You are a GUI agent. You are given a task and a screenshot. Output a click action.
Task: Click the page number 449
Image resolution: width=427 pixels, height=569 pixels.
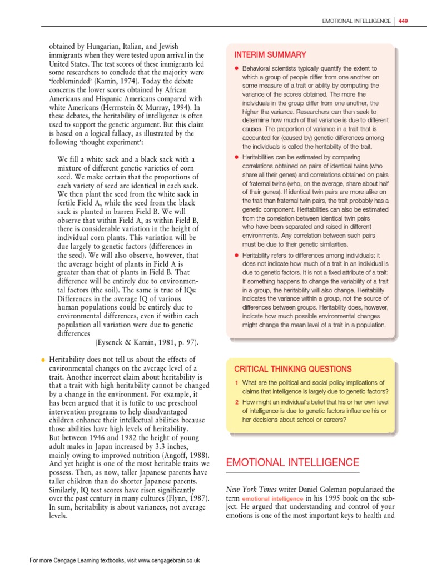(403, 21)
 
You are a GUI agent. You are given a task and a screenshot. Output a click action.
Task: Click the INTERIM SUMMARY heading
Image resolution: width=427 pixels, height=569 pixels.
(270, 54)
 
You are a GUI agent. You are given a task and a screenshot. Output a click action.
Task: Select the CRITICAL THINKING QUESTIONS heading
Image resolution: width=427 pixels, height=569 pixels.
(292, 368)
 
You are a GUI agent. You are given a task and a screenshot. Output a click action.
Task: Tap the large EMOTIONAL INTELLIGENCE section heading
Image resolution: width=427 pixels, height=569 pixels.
(292, 462)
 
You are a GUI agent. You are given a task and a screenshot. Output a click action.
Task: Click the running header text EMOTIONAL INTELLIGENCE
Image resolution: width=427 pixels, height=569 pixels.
(356, 21)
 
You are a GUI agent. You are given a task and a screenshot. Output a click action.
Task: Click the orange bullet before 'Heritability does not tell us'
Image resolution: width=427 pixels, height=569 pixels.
(42, 360)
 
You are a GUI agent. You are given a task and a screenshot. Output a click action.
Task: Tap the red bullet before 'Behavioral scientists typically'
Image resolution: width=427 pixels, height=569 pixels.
(236, 68)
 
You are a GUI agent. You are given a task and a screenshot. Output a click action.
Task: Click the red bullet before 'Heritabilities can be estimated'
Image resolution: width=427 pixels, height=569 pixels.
(236, 158)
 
